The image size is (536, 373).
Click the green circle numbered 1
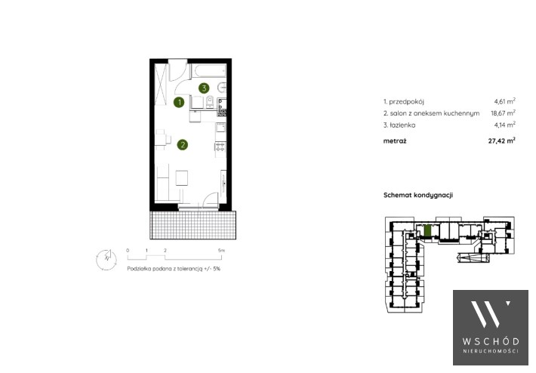click(179, 102)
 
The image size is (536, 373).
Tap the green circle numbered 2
click(183, 145)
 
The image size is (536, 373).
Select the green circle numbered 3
click(204, 88)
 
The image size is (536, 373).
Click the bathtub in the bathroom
click(209, 70)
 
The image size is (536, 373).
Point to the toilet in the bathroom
click(210, 101)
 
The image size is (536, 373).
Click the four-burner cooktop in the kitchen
click(220, 147)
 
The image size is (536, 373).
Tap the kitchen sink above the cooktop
click(221, 128)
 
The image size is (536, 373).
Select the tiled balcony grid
click(193, 225)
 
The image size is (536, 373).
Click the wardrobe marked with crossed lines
click(160, 84)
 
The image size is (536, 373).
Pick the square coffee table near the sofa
click(182, 178)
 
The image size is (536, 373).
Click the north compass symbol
click(106, 260)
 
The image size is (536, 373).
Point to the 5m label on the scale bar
click(221, 251)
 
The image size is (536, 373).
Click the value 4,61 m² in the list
click(504, 101)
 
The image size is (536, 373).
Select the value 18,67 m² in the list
click(504, 113)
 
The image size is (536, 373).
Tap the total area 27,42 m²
click(502, 140)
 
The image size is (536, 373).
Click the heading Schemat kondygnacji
click(418, 196)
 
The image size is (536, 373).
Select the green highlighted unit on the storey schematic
click(427, 230)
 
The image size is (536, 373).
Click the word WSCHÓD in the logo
click(491, 341)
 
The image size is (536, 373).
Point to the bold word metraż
click(395, 141)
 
